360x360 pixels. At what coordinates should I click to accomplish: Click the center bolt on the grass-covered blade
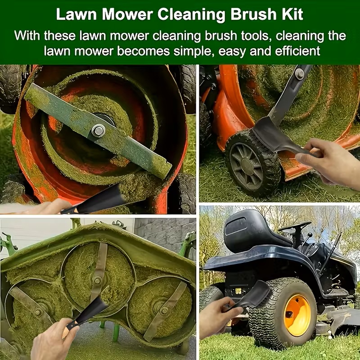(x=99, y=130)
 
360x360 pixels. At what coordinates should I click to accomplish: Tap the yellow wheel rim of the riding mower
(x=297, y=315)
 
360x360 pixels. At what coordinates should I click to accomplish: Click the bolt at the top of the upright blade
(x=300, y=74)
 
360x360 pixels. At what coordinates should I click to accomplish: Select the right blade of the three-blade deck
(x=165, y=310)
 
